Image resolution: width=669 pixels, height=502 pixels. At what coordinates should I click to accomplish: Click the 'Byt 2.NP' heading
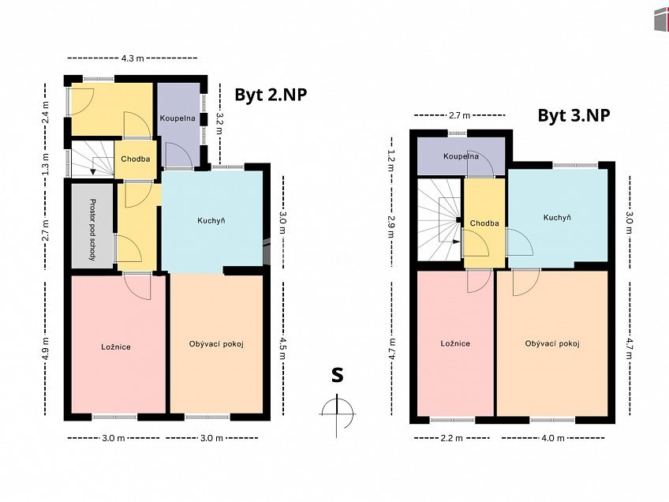(271, 95)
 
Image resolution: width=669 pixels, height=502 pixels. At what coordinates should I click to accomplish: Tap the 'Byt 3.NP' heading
(574, 115)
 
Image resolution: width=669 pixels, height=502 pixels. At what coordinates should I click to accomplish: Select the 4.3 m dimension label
(133, 58)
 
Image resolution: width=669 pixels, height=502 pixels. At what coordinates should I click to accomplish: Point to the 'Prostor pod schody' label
(92, 229)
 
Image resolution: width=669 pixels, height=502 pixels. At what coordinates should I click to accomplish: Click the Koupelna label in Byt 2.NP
(178, 118)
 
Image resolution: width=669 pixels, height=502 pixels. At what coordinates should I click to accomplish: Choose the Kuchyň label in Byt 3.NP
(557, 218)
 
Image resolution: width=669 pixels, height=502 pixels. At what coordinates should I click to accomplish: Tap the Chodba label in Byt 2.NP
(135, 159)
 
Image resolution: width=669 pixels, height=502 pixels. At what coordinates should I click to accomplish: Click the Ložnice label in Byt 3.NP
(455, 343)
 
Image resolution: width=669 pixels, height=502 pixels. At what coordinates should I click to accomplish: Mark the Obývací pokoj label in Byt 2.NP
(216, 344)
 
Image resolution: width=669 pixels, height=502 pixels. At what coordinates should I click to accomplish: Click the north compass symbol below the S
(337, 414)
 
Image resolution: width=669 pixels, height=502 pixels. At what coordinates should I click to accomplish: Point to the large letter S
(338, 375)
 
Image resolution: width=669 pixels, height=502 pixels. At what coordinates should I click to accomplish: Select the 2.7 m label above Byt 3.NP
(460, 115)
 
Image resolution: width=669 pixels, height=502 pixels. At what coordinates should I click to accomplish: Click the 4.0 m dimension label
(553, 438)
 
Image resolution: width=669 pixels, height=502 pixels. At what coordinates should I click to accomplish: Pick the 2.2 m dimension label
(452, 438)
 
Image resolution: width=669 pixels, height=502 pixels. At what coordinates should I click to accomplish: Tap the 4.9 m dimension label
(45, 347)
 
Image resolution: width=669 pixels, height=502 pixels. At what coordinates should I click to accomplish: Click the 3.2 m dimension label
(220, 123)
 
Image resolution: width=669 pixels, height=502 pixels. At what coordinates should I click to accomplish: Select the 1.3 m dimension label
(45, 164)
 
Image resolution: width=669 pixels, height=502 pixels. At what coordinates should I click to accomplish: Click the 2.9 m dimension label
(391, 227)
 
